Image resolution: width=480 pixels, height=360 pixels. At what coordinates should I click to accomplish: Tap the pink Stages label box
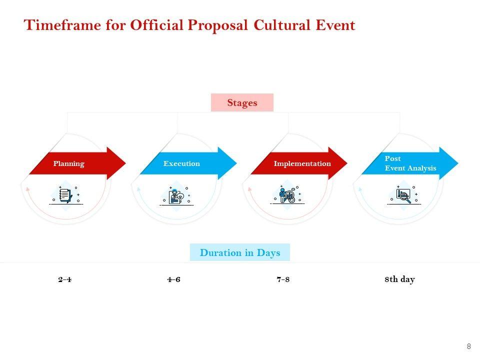tap(242, 102)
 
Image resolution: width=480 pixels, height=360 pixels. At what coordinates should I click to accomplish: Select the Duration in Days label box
tap(240, 252)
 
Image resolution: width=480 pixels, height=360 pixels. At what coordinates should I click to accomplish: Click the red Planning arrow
tap(77, 163)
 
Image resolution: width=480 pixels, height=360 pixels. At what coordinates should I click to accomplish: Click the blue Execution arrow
tap(188, 163)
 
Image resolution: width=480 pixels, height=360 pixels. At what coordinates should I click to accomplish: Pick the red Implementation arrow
tap(299, 163)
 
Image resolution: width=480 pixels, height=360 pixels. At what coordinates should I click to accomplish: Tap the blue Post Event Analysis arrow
tap(410, 163)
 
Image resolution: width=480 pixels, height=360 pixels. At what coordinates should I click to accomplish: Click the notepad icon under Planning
tap(66, 195)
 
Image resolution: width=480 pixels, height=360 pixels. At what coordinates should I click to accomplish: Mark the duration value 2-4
tap(65, 279)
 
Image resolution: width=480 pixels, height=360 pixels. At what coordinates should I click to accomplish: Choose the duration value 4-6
tap(174, 279)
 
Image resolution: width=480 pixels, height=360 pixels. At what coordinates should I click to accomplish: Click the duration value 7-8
tap(283, 279)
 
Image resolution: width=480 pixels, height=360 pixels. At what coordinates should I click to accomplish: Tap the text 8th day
tap(399, 279)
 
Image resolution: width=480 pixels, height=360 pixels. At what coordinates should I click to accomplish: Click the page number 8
tap(468, 346)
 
